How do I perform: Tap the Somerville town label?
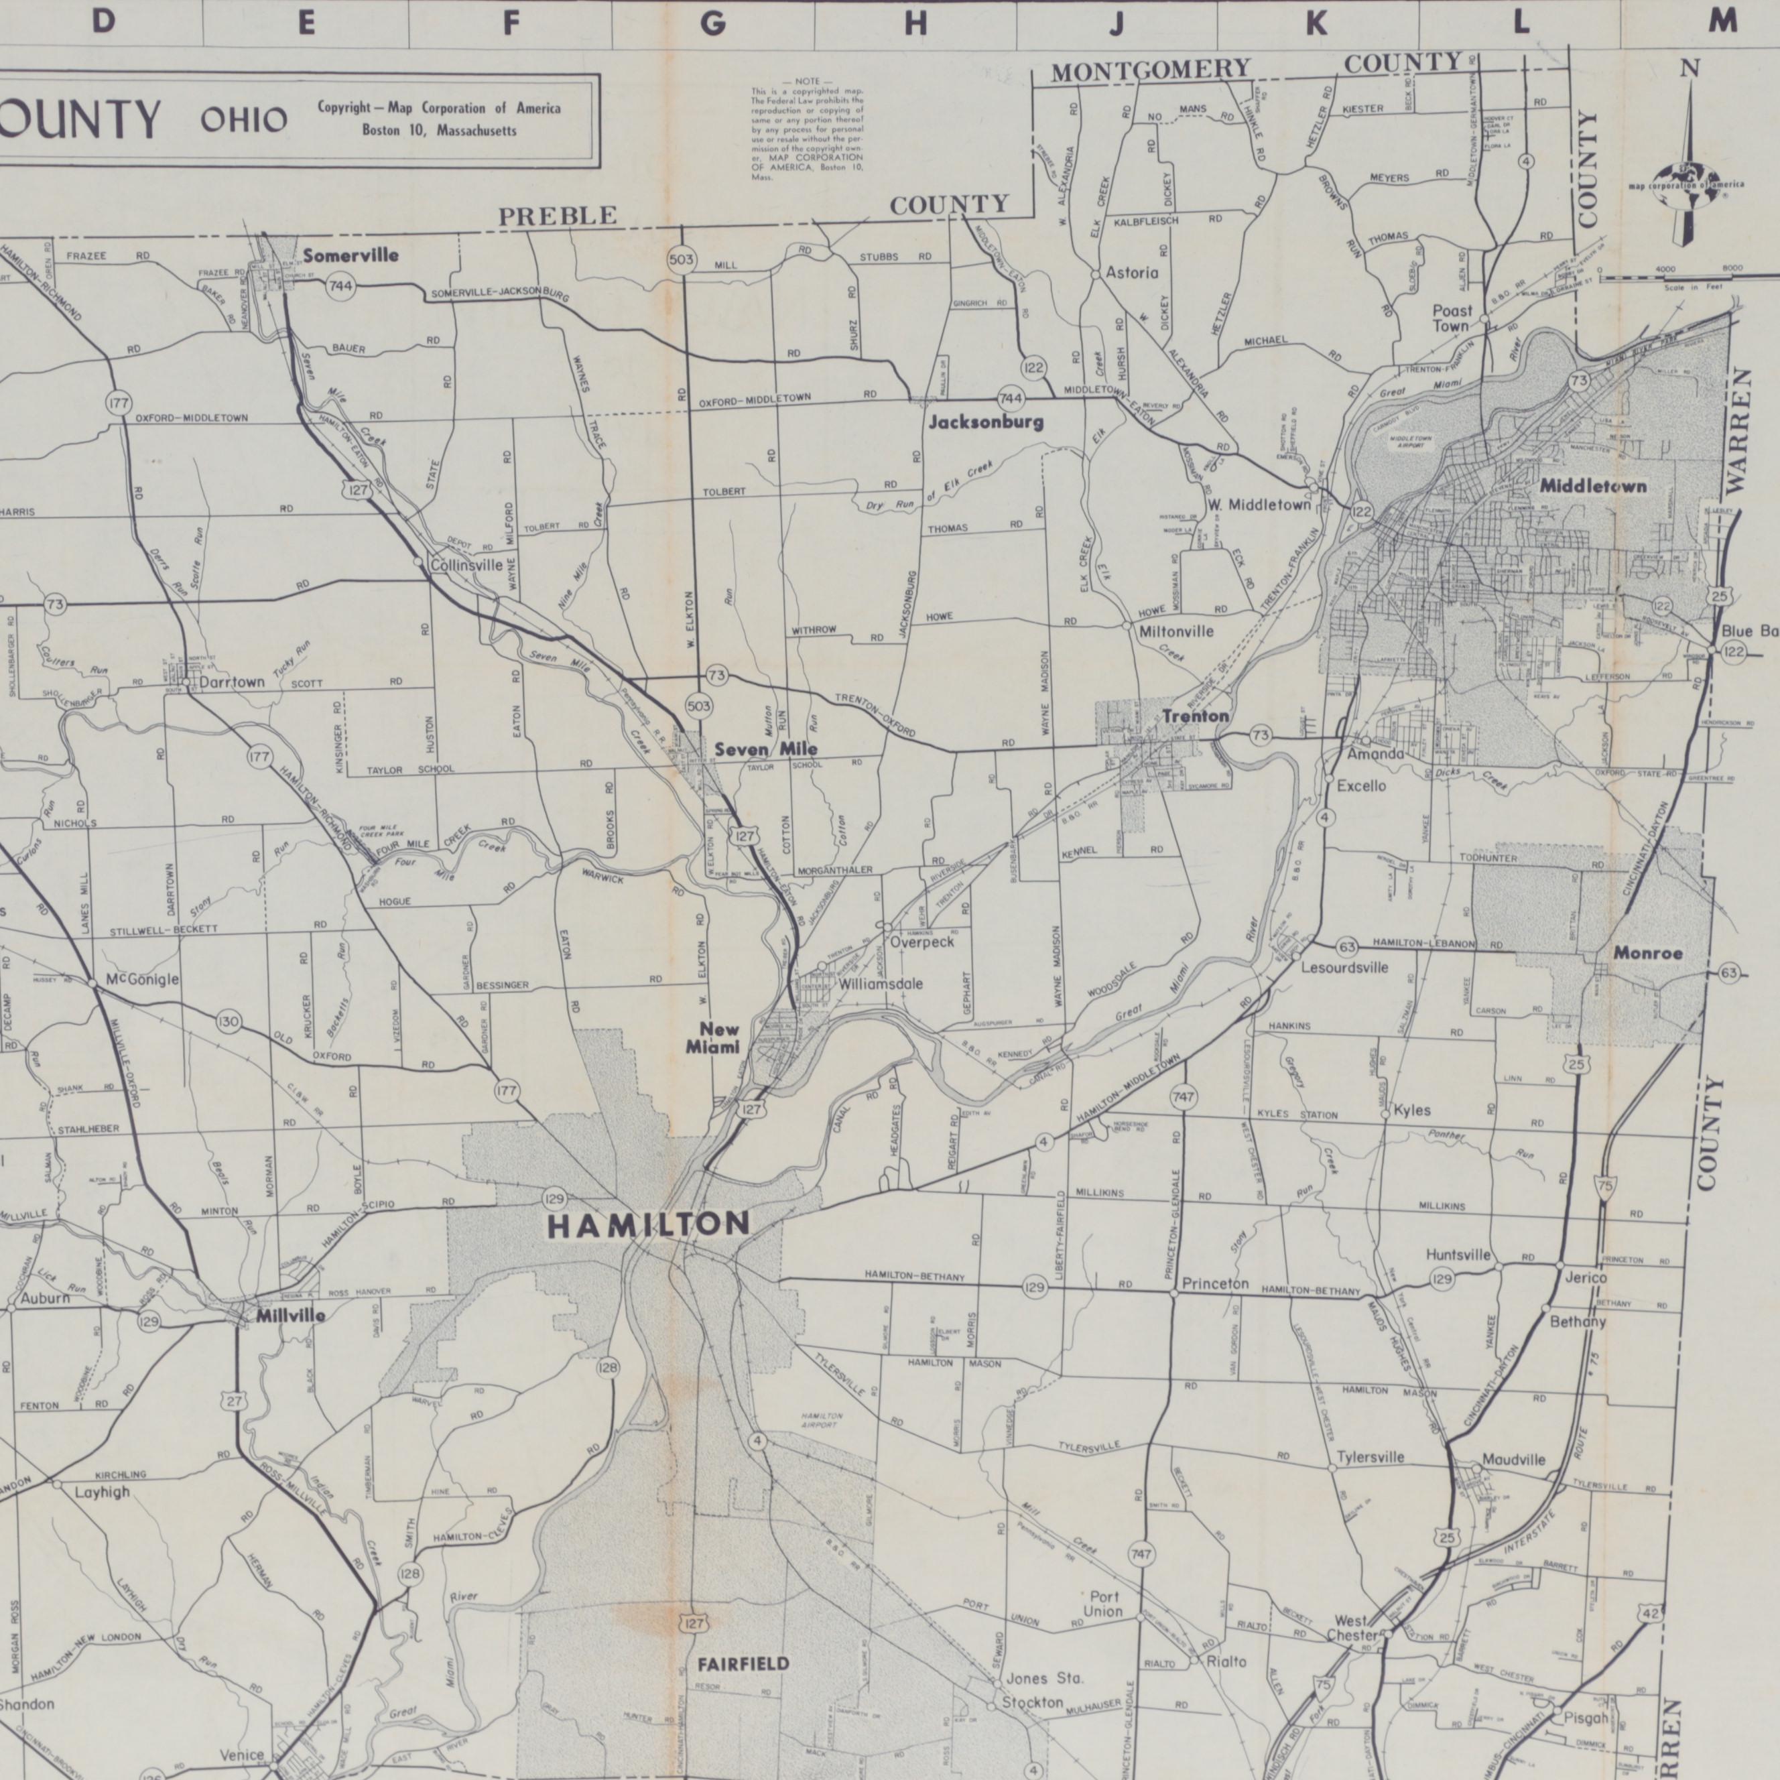click(351, 255)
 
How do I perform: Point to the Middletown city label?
click(1592, 485)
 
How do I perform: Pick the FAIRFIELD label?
click(743, 1663)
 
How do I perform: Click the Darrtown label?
click(232, 683)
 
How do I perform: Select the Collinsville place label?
click(467, 565)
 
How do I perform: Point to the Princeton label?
click(1215, 1283)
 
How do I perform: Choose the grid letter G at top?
click(712, 23)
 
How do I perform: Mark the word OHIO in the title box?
click(244, 120)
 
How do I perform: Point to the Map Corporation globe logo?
click(1686, 178)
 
